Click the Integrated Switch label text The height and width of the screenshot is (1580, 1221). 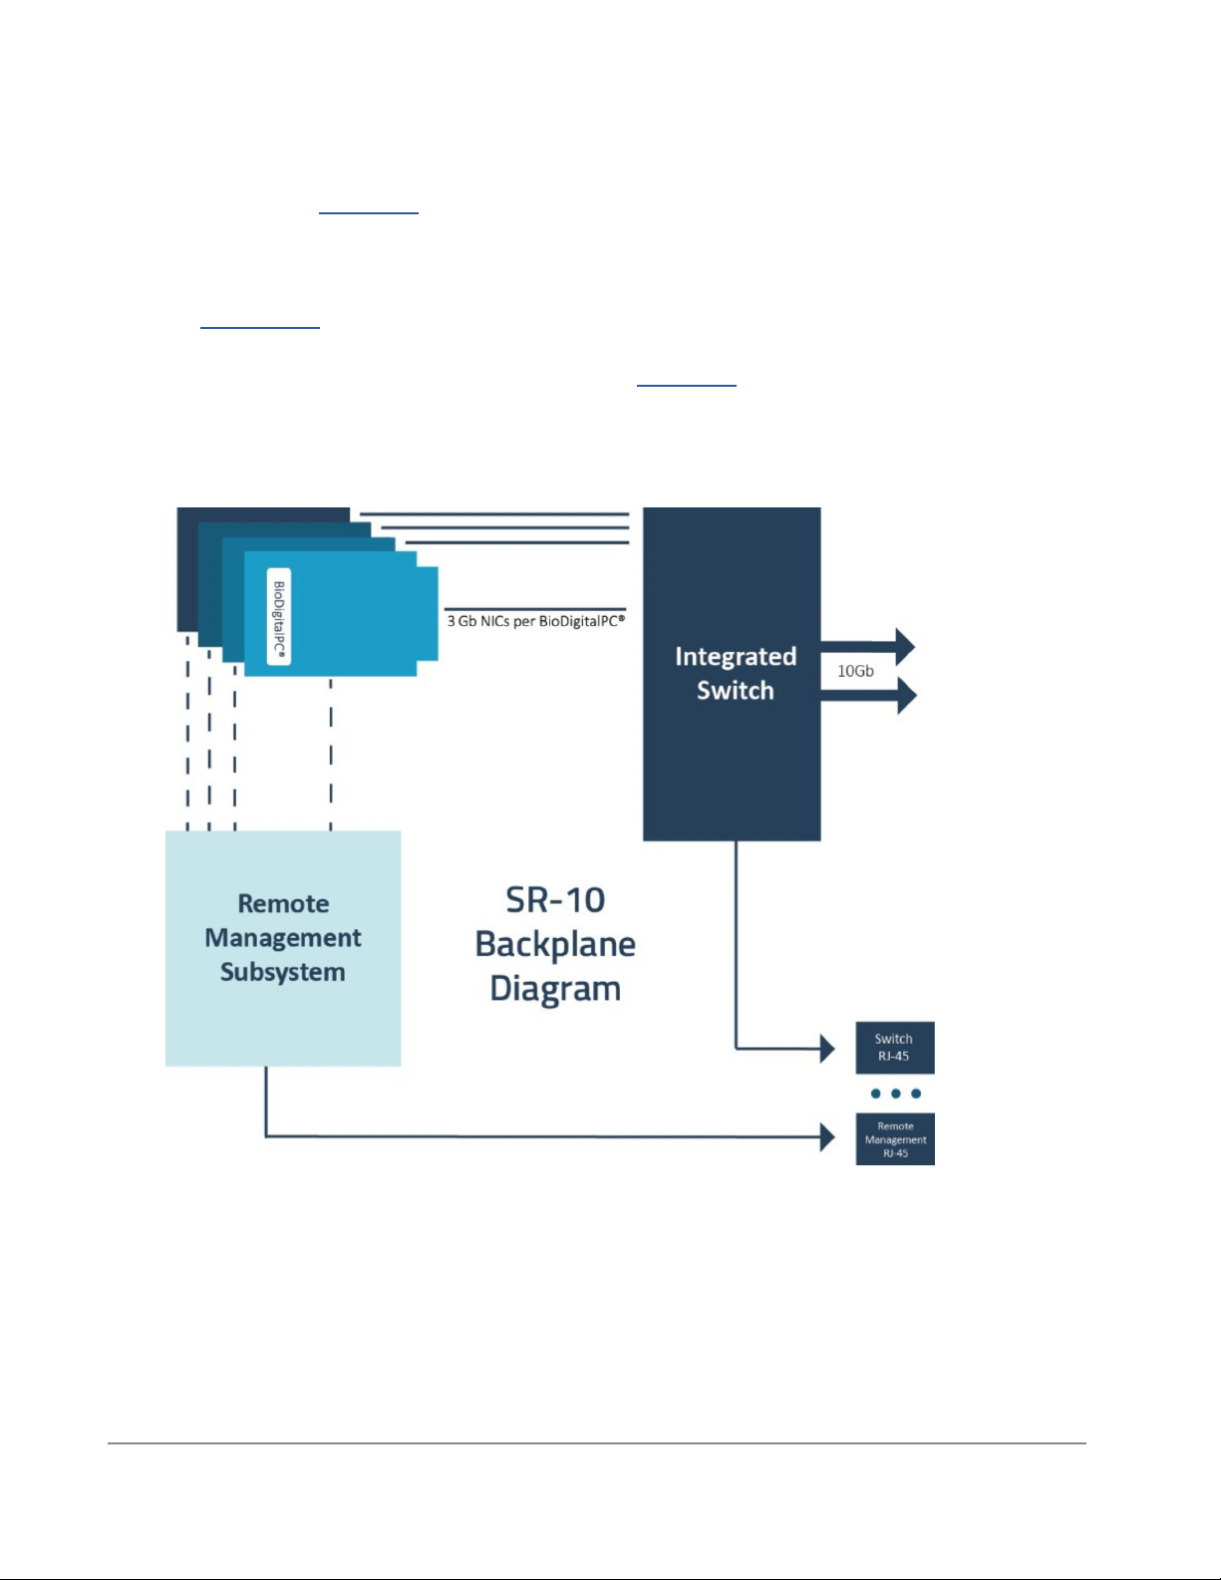(736, 673)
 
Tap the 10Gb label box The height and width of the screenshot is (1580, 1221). (855, 671)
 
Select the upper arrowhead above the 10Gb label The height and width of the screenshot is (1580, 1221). (904, 647)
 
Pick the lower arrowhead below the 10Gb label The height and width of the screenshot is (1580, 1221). (905, 695)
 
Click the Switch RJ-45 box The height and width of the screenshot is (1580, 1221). (894, 1047)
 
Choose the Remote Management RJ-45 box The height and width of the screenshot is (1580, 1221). (895, 1139)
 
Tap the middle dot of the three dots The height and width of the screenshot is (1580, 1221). (895, 1094)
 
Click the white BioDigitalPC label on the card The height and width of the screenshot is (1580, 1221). (280, 616)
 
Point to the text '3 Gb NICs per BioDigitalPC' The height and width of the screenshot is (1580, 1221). (535, 621)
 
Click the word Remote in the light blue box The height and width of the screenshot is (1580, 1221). (283, 903)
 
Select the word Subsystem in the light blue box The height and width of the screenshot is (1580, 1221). (283, 972)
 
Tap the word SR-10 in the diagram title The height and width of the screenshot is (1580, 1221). (555, 900)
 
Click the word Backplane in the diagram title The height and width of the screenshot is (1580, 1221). (555, 944)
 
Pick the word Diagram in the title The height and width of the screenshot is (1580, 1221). (555, 989)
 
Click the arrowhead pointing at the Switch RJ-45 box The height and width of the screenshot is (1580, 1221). (826, 1048)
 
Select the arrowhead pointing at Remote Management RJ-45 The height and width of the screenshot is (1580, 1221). (826, 1136)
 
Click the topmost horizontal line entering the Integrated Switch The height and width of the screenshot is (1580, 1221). (493, 514)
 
